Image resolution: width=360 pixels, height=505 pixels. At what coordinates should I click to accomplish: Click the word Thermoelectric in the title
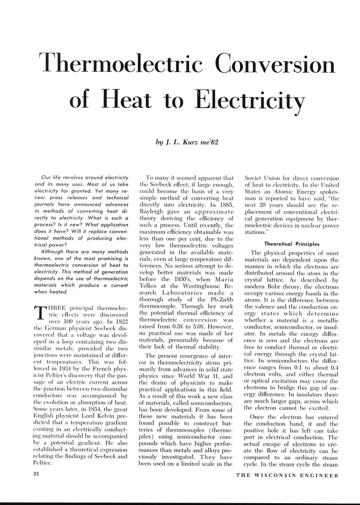(x=121, y=63)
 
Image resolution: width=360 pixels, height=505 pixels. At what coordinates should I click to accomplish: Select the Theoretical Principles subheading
(x=292, y=244)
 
